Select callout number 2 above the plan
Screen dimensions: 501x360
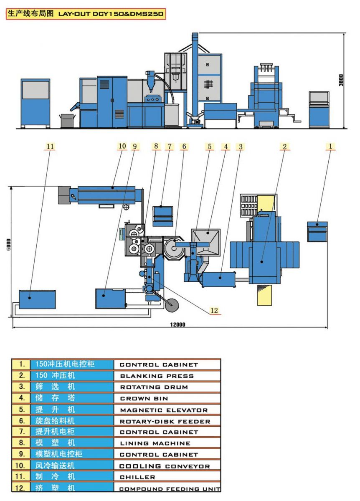(x=285, y=146)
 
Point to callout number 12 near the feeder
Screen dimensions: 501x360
(x=214, y=310)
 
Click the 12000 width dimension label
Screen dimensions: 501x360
(x=178, y=324)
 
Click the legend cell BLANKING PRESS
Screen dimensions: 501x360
(x=157, y=376)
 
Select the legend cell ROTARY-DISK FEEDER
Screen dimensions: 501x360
(x=165, y=421)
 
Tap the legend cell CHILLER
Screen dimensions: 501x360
(x=138, y=477)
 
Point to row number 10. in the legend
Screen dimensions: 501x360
(x=20, y=466)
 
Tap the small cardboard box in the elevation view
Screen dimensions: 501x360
(x=67, y=121)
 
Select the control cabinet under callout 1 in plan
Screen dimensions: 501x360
(x=317, y=231)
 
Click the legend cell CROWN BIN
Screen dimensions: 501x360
(x=144, y=399)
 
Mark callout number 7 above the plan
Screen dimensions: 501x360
(x=170, y=146)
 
